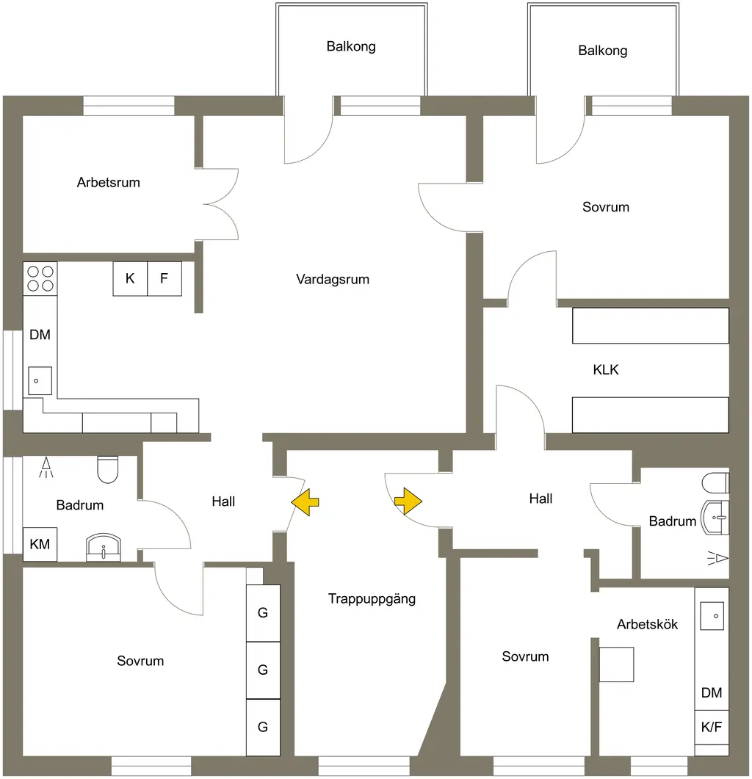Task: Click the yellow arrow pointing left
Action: (x=305, y=501)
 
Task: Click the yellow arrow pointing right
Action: (x=408, y=501)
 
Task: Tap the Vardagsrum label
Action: (x=333, y=279)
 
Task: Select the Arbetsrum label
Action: (x=109, y=182)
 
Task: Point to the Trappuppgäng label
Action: (x=372, y=599)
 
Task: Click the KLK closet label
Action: (x=606, y=369)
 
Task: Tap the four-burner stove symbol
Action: (x=40, y=279)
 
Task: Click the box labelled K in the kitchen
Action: (x=130, y=279)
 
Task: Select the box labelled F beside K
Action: (x=164, y=279)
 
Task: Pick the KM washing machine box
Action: (x=40, y=545)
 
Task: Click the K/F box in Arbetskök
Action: (x=712, y=727)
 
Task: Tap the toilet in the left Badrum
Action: (x=108, y=469)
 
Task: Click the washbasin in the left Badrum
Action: (x=104, y=548)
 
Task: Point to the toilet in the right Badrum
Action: (x=716, y=483)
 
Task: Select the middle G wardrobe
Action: (x=264, y=670)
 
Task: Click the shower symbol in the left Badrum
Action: (x=46, y=467)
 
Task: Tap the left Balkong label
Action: (x=351, y=47)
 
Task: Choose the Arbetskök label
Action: (x=647, y=625)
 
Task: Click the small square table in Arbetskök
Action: (x=616, y=664)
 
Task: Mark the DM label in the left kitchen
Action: (x=40, y=335)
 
